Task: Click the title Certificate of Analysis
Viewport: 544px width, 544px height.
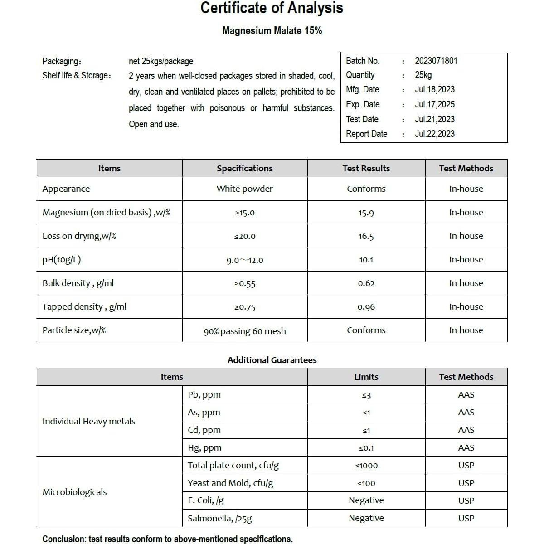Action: click(272, 8)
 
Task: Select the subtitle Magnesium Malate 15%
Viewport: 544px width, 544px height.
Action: click(272, 31)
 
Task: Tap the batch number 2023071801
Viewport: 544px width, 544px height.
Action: click(436, 61)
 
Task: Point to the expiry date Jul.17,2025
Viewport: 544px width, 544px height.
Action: click(434, 104)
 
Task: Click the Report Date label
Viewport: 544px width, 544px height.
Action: click(366, 134)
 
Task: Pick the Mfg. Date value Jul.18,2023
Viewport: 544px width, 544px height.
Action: click(434, 90)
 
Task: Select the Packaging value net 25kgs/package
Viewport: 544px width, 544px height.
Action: click(161, 61)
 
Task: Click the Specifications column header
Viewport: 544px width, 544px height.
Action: click(244, 169)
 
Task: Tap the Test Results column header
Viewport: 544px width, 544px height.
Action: click(366, 169)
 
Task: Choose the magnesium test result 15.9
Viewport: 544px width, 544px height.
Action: click(366, 213)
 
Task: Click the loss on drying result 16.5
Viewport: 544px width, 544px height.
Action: click(366, 237)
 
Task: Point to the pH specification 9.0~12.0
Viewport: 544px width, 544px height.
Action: click(244, 260)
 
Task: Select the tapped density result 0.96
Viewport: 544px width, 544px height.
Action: click(366, 307)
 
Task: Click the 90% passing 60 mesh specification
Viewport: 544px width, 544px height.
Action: click(244, 331)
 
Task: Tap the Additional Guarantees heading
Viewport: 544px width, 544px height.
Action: click(272, 360)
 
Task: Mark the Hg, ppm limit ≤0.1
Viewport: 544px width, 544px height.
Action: click(366, 448)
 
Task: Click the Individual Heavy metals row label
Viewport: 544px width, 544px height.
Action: click(89, 422)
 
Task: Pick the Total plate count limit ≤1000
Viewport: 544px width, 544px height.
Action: click(366, 466)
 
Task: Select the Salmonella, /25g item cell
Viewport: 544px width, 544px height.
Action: click(220, 519)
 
